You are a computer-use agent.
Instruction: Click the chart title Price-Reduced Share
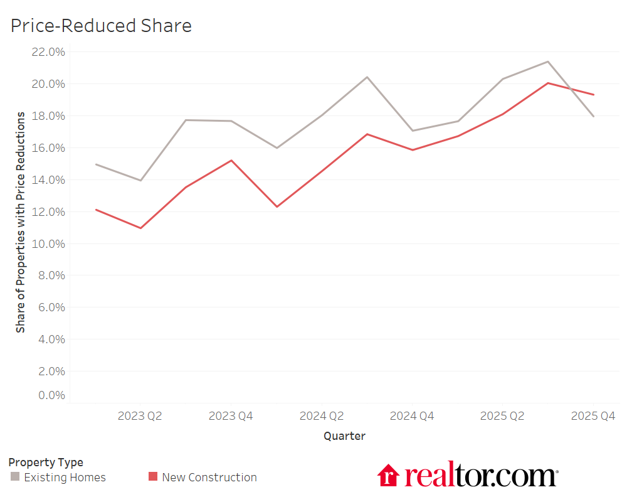click(x=101, y=26)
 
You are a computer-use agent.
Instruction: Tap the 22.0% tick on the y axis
click(x=48, y=52)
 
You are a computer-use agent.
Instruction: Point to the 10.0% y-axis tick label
click(x=48, y=244)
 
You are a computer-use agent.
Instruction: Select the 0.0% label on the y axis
click(x=51, y=395)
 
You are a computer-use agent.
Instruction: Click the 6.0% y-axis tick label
click(x=51, y=307)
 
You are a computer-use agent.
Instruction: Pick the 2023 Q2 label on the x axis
click(x=140, y=416)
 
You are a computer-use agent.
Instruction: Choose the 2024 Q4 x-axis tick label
click(x=412, y=416)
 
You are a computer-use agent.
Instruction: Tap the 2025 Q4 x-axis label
click(x=593, y=416)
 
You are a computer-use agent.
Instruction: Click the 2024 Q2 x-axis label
click(x=322, y=416)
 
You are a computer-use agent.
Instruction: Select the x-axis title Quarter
click(x=344, y=435)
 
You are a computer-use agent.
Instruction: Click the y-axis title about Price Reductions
click(x=21, y=222)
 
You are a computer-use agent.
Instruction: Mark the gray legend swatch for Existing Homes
click(x=15, y=477)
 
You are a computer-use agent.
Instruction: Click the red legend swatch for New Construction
click(x=153, y=477)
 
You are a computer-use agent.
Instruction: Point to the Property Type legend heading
click(x=46, y=462)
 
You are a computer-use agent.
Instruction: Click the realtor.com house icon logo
click(x=388, y=475)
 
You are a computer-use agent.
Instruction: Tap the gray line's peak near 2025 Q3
click(x=548, y=61)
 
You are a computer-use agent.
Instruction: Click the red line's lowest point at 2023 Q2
click(x=140, y=228)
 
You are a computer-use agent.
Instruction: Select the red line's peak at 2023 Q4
click(x=231, y=161)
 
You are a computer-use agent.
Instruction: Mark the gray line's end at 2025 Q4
click(x=593, y=116)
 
